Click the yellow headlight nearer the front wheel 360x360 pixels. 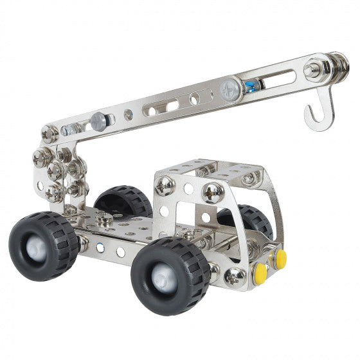pos(260,273)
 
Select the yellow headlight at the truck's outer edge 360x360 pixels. pos(280,258)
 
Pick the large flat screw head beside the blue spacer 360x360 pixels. pos(230,90)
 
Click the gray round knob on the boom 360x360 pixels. pos(97,120)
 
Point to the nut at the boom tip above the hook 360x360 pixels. pos(314,69)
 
